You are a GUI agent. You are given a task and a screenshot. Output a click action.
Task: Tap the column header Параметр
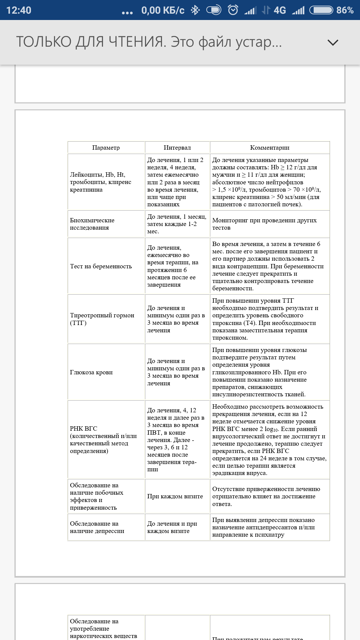(106, 148)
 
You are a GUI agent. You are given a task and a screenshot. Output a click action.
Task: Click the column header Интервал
(177, 148)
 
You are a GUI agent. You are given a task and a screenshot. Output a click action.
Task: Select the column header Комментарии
(270, 148)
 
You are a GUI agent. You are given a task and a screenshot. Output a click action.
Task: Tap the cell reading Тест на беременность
(101, 266)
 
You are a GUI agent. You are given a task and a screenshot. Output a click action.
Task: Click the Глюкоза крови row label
(91, 372)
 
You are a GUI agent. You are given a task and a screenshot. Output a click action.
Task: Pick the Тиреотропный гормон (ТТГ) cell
(102, 319)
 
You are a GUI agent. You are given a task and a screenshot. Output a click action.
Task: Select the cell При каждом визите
(175, 496)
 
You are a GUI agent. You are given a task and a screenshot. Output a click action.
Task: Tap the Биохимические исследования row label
(92, 224)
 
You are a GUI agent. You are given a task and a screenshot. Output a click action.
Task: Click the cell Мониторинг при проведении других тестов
(264, 224)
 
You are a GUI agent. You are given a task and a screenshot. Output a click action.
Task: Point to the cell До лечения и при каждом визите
(172, 527)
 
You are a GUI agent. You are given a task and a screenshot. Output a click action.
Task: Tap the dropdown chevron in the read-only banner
(333, 42)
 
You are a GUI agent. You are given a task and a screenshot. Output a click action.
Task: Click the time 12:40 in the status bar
(19, 10)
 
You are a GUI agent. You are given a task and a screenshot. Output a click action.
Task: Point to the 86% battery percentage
(345, 10)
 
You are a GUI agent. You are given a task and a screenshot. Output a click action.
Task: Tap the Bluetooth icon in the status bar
(195, 10)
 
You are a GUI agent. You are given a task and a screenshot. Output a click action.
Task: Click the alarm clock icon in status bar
(233, 10)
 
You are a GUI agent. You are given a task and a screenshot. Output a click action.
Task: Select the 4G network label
(280, 10)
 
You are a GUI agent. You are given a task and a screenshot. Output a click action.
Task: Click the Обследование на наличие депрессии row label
(97, 527)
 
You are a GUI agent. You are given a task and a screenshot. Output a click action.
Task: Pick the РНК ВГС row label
(83, 429)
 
